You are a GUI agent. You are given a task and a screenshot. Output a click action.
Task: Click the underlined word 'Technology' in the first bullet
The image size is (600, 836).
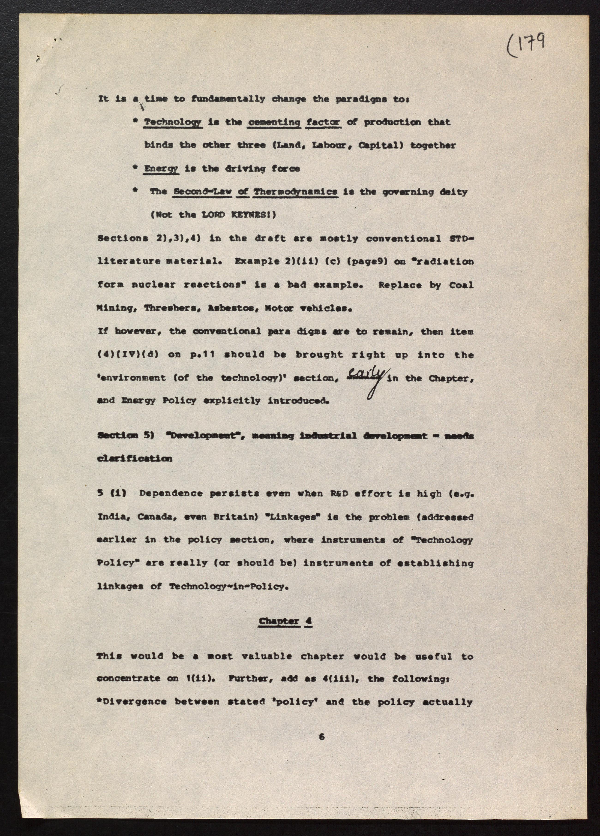pyautogui.click(x=173, y=122)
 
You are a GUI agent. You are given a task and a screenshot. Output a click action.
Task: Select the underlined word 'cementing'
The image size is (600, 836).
pyautogui.click(x=274, y=122)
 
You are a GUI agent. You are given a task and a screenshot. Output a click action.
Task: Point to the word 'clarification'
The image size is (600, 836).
pyautogui.click(x=135, y=459)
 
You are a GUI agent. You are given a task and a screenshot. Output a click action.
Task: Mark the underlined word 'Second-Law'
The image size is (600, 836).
pyautogui.click(x=203, y=192)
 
